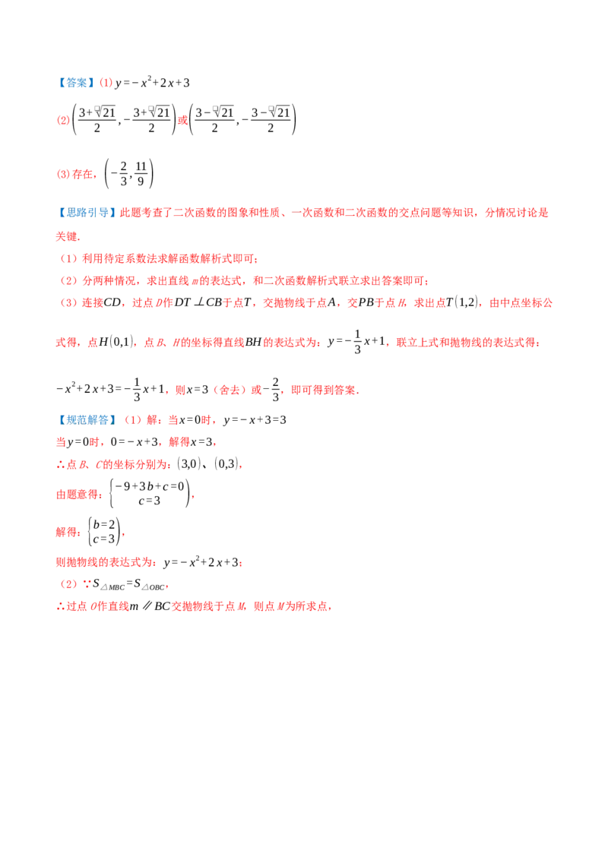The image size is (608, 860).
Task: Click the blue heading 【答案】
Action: (x=76, y=83)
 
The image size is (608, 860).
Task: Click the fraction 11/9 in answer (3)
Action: (x=141, y=174)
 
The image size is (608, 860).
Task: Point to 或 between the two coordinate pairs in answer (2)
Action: (x=182, y=120)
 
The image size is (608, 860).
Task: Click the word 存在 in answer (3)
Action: (x=82, y=175)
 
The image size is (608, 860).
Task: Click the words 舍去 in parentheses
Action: (x=230, y=390)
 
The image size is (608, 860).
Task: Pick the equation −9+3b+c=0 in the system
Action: (x=149, y=486)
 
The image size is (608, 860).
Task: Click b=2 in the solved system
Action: (x=104, y=525)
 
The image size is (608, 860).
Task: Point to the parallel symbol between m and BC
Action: (x=147, y=606)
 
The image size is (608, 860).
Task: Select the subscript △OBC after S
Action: (x=153, y=587)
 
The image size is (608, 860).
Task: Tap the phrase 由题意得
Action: (x=78, y=495)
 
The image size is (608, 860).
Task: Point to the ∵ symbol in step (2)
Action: (x=87, y=584)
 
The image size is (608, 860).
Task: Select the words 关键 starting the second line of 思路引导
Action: (x=66, y=236)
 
